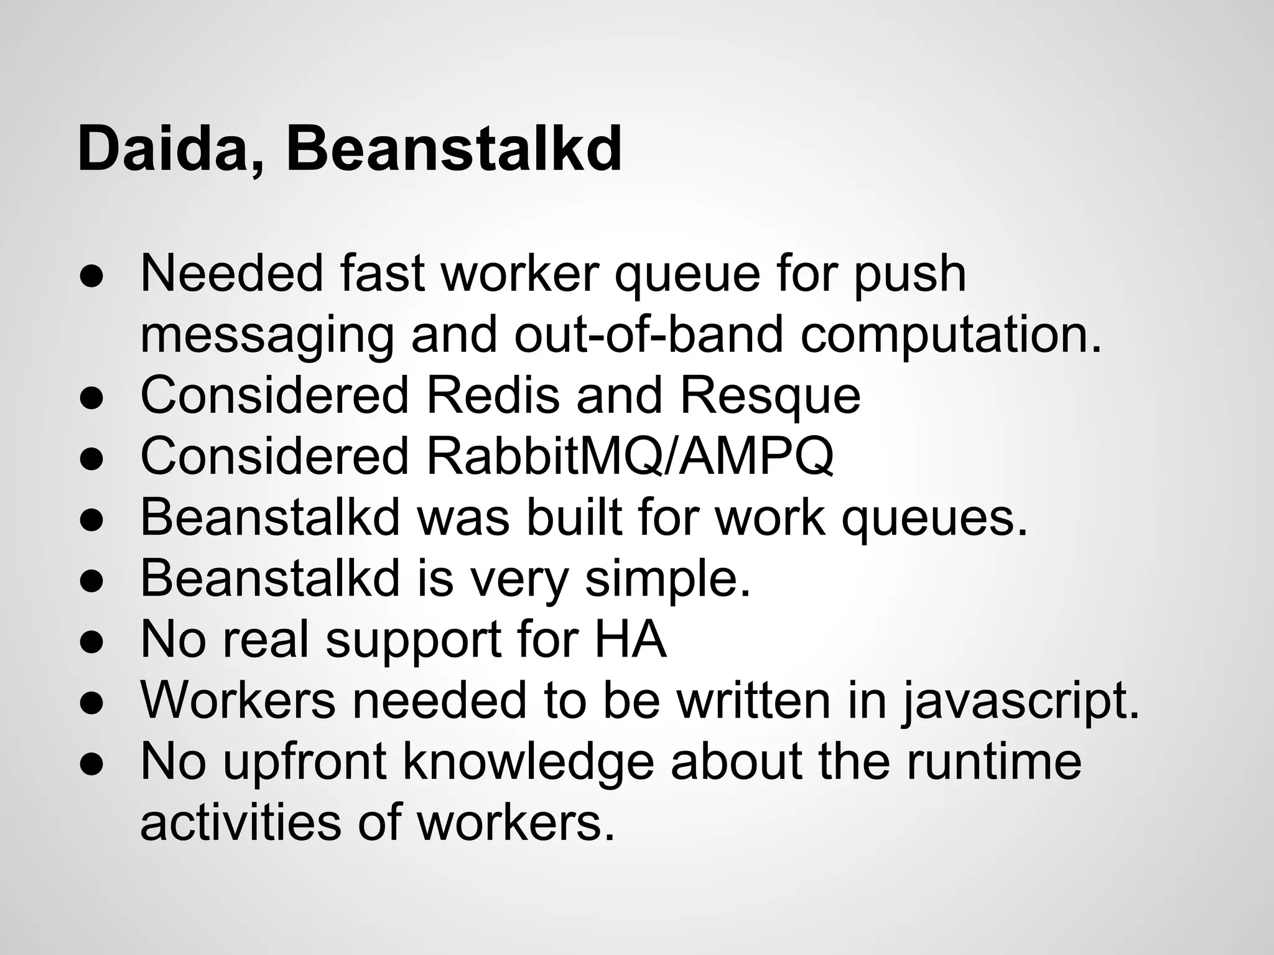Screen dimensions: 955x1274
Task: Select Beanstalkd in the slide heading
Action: point(453,150)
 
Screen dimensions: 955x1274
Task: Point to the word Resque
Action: point(770,395)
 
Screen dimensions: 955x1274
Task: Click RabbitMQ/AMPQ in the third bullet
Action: point(630,456)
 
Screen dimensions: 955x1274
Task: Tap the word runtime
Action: point(993,762)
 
